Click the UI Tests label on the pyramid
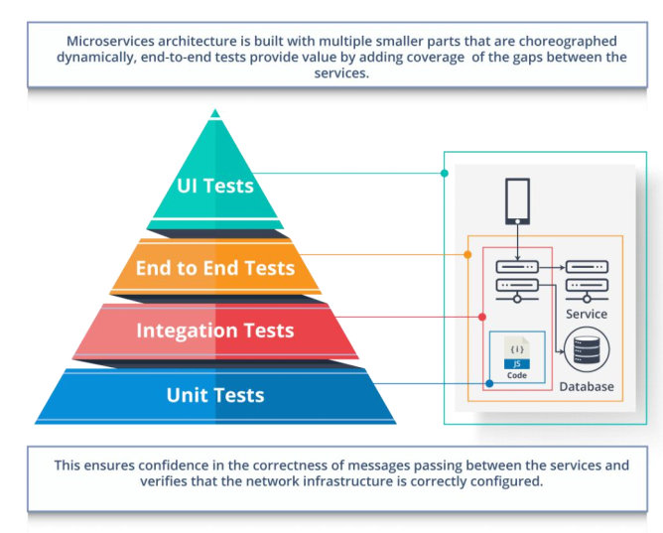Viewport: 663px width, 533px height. pos(215,186)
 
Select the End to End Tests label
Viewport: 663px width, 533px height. pos(215,268)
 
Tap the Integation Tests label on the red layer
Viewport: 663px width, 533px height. pos(215,331)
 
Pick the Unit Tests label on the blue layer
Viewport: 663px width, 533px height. pos(215,395)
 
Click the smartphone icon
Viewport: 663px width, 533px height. pos(517,201)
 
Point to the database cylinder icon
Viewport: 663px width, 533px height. pos(587,349)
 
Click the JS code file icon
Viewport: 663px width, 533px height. pos(517,352)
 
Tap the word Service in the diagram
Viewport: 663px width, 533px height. pos(587,314)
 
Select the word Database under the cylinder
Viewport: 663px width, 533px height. pos(587,386)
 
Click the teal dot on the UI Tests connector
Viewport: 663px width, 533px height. pos(445,173)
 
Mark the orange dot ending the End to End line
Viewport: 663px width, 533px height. pos(467,254)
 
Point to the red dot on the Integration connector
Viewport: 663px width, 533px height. pos(482,317)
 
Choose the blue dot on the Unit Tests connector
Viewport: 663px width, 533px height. pos(489,383)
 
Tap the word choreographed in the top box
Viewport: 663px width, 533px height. pos(568,42)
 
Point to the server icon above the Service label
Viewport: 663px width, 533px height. pos(587,281)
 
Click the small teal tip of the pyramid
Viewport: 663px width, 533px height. pos(215,113)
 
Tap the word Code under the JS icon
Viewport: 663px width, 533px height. pos(517,375)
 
